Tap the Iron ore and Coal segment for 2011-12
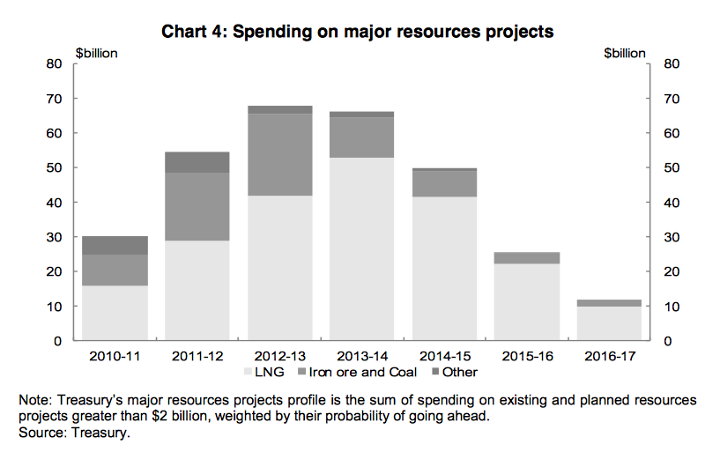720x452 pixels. tap(197, 206)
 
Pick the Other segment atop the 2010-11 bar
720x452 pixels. tap(115, 245)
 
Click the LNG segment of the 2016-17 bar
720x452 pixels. tap(608, 323)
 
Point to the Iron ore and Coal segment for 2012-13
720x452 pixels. tap(279, 154)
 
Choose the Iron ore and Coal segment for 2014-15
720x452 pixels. tap(444, 182)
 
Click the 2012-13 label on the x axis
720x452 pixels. tap(279, 356)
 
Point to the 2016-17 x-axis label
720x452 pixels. tap(608, 356)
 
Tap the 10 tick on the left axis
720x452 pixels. tap(55, 307)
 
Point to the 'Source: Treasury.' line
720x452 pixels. tap(71, 431)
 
